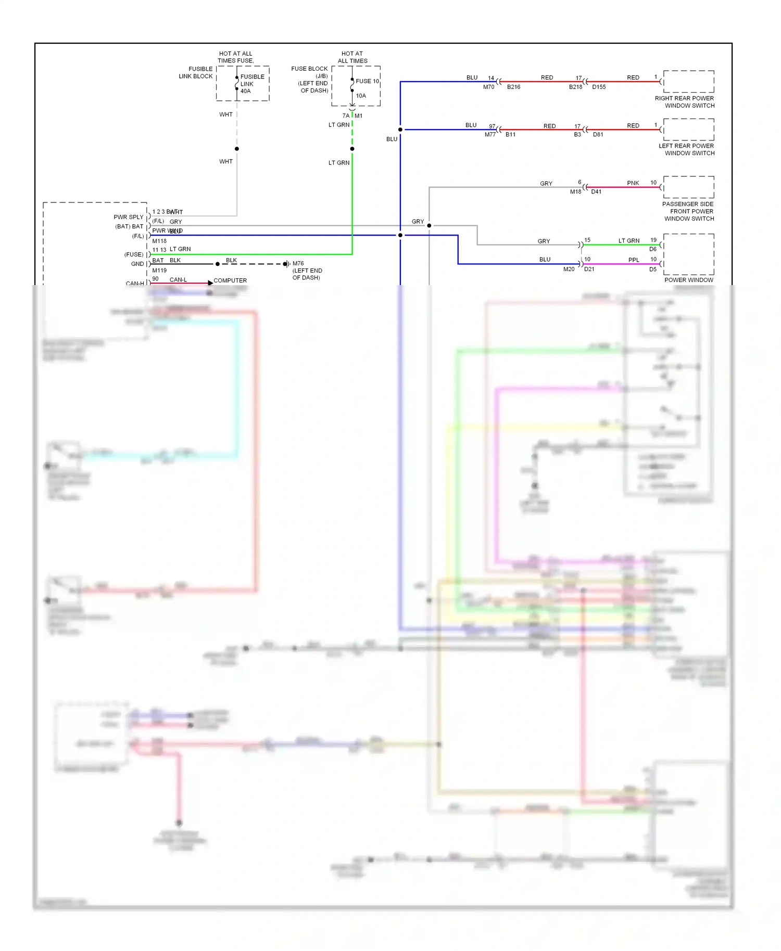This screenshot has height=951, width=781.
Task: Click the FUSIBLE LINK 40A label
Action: [x=251, y=84]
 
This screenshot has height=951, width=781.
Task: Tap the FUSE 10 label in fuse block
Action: [x=367, y=81]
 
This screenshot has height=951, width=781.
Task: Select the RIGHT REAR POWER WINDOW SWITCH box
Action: [x=688, y=82]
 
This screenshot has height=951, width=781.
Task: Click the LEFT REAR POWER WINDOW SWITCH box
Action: [x=688, y=130]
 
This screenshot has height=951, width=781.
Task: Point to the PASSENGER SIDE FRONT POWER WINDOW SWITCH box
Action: [x=688, y=187]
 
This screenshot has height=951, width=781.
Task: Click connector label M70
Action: [x=488, y=87]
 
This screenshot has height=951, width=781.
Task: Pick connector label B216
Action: [x=513, y=87]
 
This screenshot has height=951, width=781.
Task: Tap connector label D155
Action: [x=599, y=87]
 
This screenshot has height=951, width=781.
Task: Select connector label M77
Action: [x=490, y=135]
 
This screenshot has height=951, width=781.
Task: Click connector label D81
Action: [x=598, y=135]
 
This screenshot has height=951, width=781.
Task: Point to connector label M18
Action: [x=575, y=192]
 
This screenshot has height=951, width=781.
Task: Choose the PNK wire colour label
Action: [x=633, y=183]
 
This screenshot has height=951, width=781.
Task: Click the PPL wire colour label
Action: [x=633, y=260]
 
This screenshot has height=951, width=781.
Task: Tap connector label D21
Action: [x=589, y=269]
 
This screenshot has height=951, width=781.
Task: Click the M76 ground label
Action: [x=298, y=264]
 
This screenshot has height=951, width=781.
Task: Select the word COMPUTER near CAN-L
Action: [x=230, y=280]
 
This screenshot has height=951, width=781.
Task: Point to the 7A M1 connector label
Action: [x=352, y=116]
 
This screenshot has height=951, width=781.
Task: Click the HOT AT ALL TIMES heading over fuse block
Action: [x=352, y=57]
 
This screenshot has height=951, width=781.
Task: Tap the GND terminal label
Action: [x=137, y=264]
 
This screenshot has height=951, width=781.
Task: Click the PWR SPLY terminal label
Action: [x=128, y=217]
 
